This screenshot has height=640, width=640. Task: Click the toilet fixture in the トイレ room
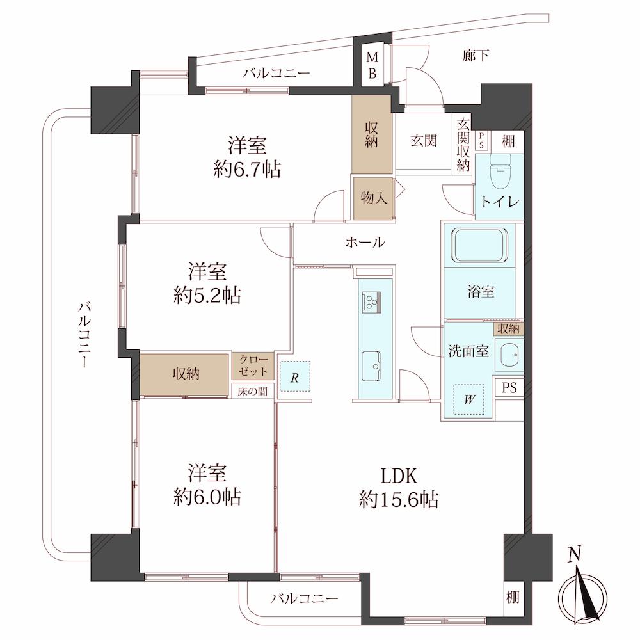coord(500,170)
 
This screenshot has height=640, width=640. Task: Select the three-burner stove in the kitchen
coord(371,303)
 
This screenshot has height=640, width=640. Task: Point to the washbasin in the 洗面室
coord(509,354)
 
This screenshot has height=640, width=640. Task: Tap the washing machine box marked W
coord(469,399)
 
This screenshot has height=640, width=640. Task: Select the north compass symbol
coord(583,588)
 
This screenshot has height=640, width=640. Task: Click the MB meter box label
coord(372,65)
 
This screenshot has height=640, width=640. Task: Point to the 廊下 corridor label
coord(476,56)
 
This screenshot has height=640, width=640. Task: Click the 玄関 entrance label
coord(424,141)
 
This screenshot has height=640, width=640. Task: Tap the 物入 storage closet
coord(374,199)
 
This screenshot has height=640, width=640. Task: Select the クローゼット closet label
coord(253,365)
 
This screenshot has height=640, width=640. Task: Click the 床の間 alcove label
coord(253,392)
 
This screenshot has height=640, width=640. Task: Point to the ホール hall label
coord(365,243)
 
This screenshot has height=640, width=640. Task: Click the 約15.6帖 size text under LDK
coord(399,499)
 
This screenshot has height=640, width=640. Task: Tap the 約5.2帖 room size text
coord(207,295)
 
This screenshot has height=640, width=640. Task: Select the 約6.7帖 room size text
coord(247,168)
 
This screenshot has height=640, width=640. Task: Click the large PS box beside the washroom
coord(509,387)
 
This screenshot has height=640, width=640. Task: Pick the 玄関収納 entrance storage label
coord(463,145)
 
